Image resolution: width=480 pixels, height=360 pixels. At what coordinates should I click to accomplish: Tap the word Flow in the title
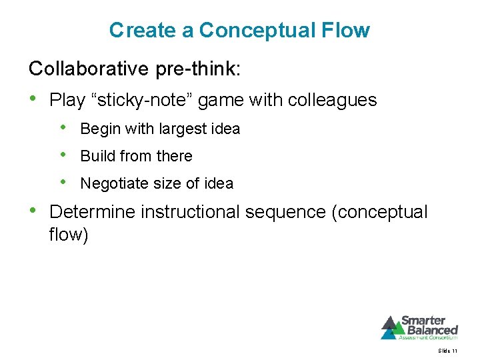(345, 31)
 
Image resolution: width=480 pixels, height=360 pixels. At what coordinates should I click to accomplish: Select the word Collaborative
(81, 68)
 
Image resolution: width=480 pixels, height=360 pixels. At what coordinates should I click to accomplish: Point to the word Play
(67, 101)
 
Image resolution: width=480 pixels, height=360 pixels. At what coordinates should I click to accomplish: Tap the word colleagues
(332, 101)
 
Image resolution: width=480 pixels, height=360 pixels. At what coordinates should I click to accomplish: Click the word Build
(96, 156)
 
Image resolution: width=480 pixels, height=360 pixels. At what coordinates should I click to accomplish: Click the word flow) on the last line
(68, 235)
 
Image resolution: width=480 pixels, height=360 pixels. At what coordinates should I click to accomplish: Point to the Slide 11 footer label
(447, 351)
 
